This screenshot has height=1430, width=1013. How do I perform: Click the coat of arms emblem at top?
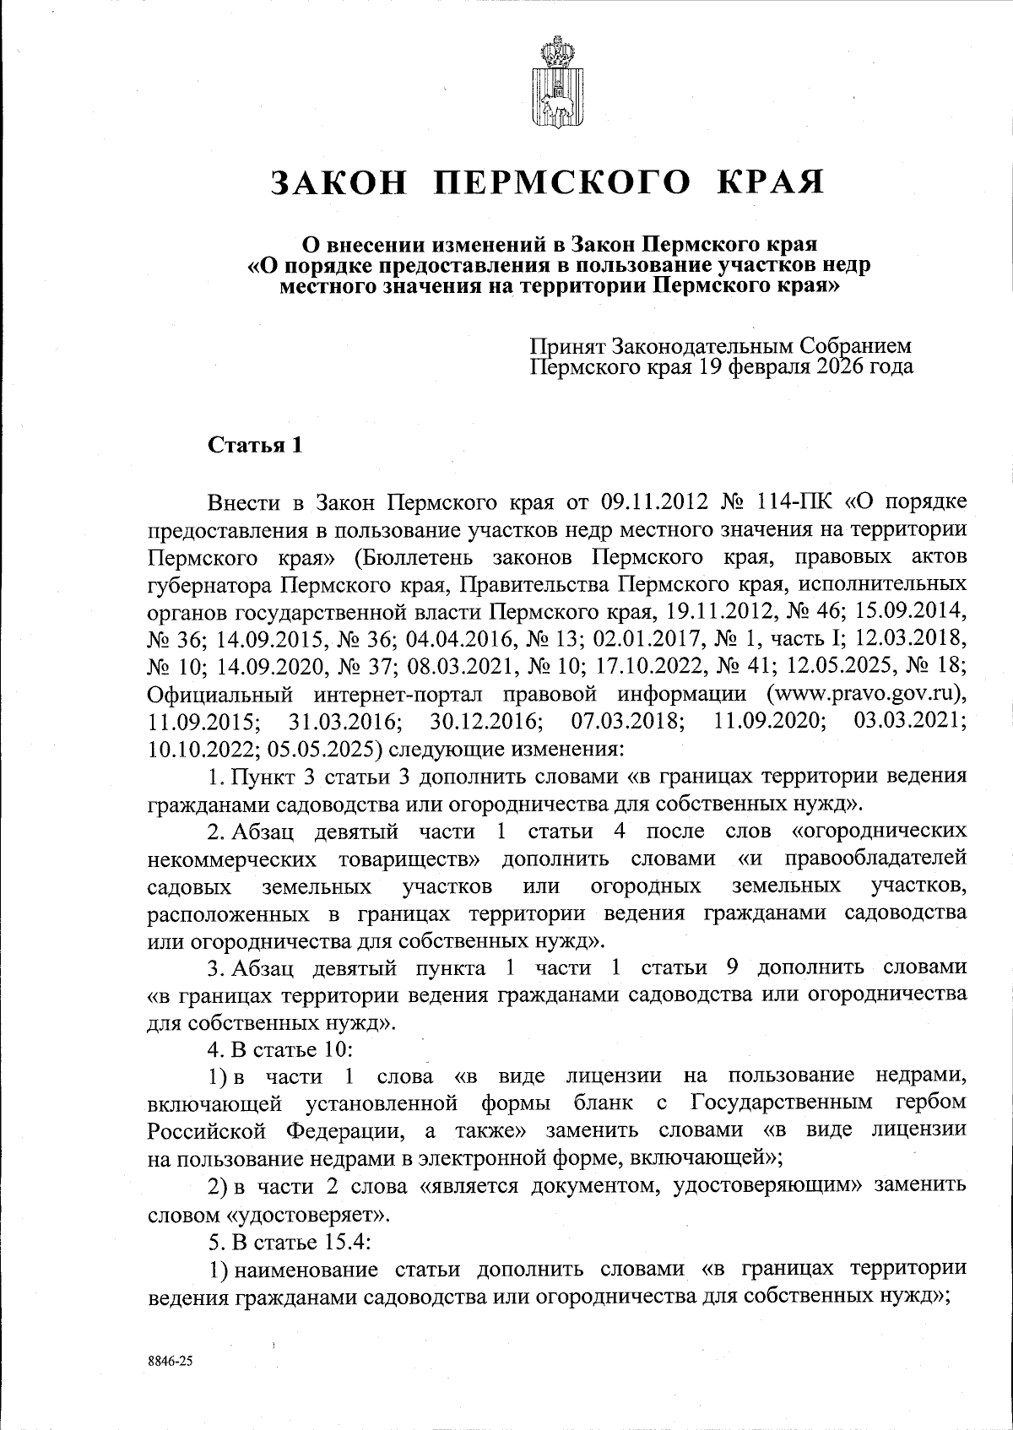click(x=555, y=82)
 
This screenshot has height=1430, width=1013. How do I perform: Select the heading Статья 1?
click(x=255, y=445)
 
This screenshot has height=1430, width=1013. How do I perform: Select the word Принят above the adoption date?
click(x=567, y=346)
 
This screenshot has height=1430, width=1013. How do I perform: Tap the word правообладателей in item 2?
click(x=875, y=859)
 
